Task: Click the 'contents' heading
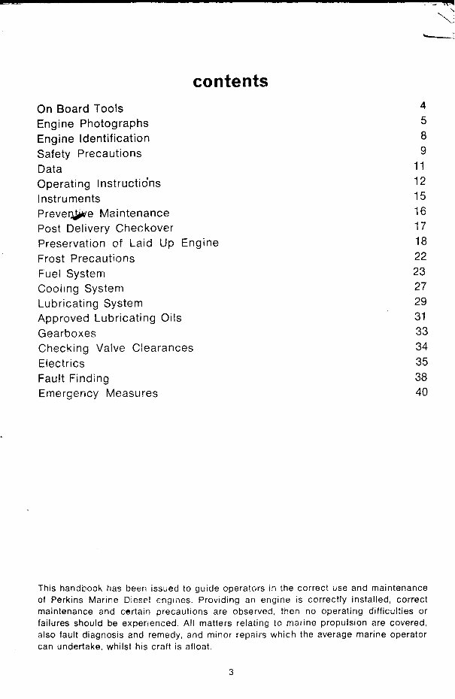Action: (230, 80)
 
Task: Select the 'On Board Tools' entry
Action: (80, 108)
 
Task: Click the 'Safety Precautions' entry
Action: (89, 153)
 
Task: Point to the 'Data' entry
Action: (50, 169)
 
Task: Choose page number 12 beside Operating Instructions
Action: (420, 181)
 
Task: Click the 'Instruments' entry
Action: (68, 198)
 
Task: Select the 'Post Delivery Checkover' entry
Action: (105, 228)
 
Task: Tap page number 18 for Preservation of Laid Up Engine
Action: (420, 241)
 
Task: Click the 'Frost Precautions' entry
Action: (86, 258)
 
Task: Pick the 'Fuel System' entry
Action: (71, 274)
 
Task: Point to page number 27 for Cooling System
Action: (420, 286)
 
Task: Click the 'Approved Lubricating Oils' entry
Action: (109, 318)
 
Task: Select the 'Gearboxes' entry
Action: (67, 333)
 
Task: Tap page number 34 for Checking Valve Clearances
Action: (420, 346)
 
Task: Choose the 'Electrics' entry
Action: (61, 363)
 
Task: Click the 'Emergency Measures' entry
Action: (98, 393)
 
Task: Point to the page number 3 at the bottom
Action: (232, 672)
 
